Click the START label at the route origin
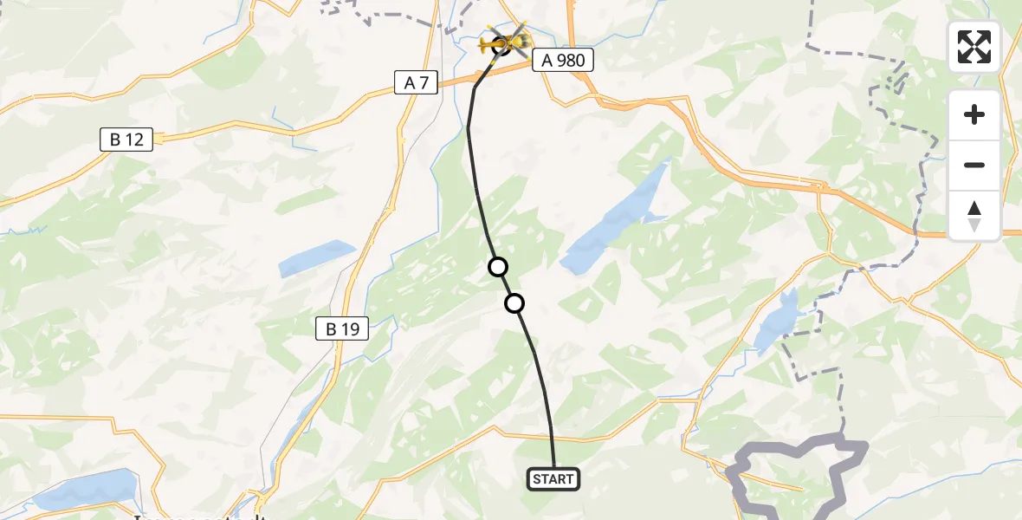click(553, 479)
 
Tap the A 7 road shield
click(417, 82)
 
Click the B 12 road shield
click(126, 140)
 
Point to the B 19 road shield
click(342, 328)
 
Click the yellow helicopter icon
click(504, 41)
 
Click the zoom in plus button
click(974, 114)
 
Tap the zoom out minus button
click(974, 165)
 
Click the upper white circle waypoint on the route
click(498, 267)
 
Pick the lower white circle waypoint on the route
click(514, 303)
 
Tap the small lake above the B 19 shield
click(316, 258)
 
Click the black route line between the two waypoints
click(506, 285)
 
